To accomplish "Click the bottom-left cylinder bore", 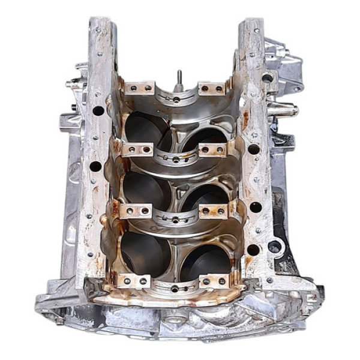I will (x=144, y=252).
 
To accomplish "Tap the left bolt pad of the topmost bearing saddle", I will (x=140, y=89).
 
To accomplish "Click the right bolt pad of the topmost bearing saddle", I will (x=211, y=89).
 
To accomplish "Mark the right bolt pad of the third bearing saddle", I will (x=215, y=211).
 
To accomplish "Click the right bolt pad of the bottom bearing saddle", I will (x=214, y=280).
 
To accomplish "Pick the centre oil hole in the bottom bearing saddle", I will (x=175, y=289).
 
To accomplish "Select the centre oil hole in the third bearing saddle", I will (x=175, y=220).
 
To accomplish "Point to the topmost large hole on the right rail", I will (x=267, y=78).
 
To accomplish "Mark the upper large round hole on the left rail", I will (x=98, y=110).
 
